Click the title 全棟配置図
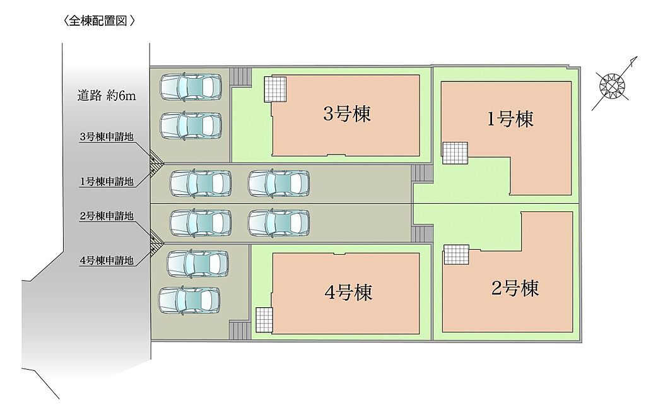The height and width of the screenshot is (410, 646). [x=100, y=21]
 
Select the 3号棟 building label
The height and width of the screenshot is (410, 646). [x=346, y=114]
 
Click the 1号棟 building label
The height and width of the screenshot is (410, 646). [x=510, y=119]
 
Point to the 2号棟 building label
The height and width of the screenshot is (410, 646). [x=515, y=289]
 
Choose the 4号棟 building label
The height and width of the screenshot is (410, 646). [x=348, y=292]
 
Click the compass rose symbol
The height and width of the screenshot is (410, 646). [x=611, y=86]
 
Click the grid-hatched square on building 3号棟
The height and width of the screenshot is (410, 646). [x=274, y=88]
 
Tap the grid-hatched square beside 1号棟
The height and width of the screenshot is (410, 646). [x=455, y=153]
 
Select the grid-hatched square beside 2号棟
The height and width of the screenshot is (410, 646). [x=456, y=255]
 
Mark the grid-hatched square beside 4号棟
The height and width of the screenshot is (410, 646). [x=264, y=320]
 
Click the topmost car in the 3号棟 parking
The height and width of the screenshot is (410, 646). [x=190, y=87]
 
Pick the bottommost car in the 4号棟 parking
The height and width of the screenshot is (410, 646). [x=189, y=300]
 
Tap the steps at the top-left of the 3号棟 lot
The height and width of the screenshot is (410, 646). [x=240, y=76]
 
